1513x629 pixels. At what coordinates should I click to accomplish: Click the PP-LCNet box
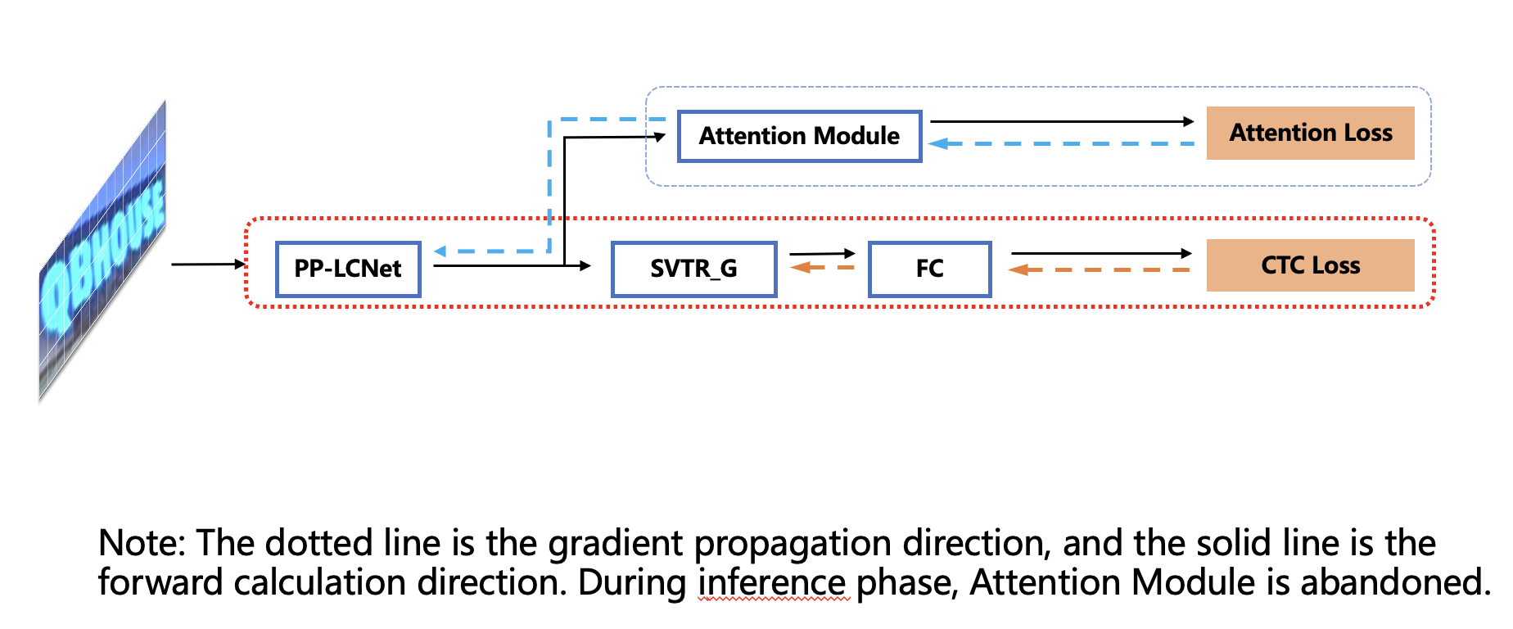[x=348, y=269]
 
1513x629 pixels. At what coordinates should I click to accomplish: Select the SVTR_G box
[x=693, y=269]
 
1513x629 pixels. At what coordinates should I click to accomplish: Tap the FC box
[x=929, y=269]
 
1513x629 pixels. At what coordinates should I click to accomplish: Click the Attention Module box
[x=799, y=136]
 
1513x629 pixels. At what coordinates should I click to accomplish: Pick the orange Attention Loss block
[x=1310, y=133]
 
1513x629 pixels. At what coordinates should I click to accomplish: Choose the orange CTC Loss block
[x=1310, y=265]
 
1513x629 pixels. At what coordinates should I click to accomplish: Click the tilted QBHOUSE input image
[x=102, y=254]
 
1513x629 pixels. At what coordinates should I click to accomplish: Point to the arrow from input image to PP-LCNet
[x=208, y=264]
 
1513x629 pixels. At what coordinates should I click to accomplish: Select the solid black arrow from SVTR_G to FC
[x=822, y=254]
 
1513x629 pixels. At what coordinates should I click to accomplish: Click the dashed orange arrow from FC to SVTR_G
[x=822, y=267]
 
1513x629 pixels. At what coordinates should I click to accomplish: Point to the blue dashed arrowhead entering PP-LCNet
[x=440, y=251]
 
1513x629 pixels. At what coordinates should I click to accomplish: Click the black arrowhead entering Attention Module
[x=660, y=137]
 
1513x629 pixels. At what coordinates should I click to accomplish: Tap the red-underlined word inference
[x=773, y=582]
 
